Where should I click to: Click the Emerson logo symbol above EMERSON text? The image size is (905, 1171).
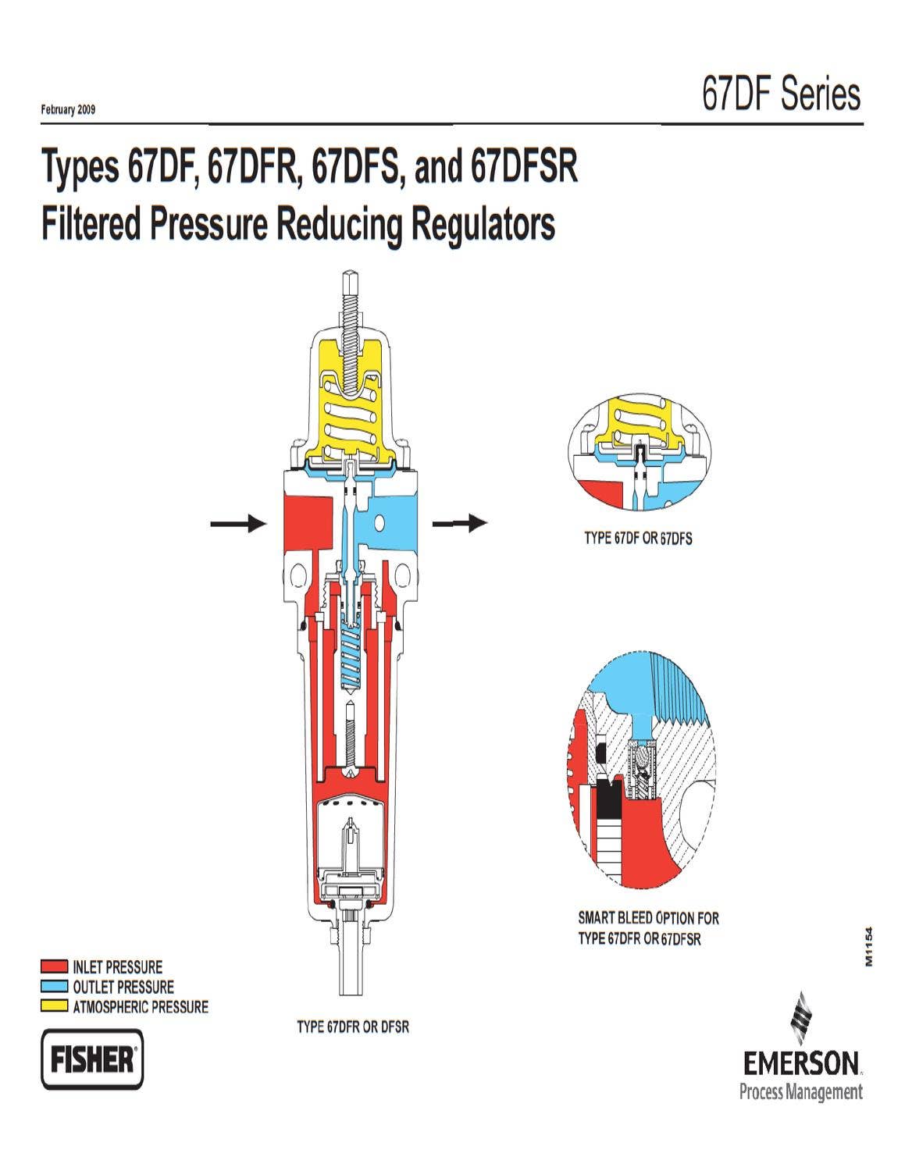[803, 1019]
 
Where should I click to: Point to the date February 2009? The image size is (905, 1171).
[68, 110]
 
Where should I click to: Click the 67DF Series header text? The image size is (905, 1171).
[781, 95]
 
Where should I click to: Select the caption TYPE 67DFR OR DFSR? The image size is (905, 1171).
[353, 1027]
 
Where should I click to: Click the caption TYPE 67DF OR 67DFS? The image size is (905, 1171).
[638, 539]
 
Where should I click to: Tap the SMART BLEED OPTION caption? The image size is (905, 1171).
[648, 918]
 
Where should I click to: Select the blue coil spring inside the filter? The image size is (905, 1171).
[351, 656]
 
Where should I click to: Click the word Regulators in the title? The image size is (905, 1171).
[483, 225]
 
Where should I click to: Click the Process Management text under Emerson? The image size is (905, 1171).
[800, 1091]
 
